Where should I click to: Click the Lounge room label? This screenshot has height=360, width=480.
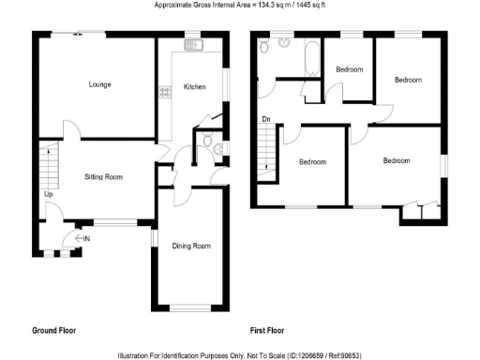pos(99,85)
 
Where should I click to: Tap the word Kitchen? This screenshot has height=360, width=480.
pos(194,86)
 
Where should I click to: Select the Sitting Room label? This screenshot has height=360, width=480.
pos(104,176)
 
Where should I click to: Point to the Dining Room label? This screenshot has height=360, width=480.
pos(190,247)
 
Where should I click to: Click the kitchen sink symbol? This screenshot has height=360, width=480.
pos(193,44)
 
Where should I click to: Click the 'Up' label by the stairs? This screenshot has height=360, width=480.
pos(48,195)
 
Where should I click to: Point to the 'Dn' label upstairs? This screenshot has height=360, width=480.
pos(266,119)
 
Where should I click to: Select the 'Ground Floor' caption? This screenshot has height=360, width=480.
pos(53,330)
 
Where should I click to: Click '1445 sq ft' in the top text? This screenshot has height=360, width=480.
pos(304,6)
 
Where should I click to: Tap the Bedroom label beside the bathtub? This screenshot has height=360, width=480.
pos(350,69)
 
